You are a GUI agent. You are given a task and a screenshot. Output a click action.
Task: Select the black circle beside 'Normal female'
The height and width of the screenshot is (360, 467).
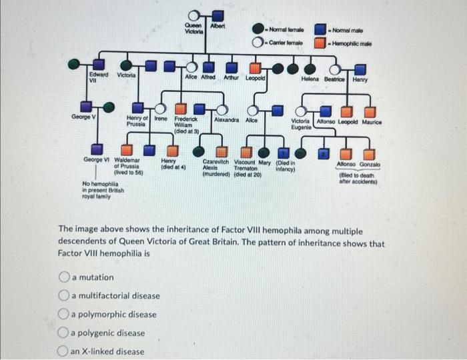click(258, 29)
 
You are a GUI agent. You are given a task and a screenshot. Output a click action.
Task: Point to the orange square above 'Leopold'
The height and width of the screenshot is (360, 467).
click(255, 67)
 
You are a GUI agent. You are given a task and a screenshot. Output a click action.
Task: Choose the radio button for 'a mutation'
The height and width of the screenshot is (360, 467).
click(65, 277)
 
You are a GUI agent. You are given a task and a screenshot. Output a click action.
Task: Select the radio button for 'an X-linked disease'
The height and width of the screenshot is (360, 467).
click(65, 351)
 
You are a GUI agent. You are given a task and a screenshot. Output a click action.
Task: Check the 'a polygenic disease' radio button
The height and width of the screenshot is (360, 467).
click(65, 333)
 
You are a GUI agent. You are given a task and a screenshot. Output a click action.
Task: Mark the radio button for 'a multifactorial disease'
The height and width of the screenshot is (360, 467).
click(65, 295)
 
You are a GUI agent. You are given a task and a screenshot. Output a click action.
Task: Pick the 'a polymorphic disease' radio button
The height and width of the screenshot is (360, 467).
click(65, 314)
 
